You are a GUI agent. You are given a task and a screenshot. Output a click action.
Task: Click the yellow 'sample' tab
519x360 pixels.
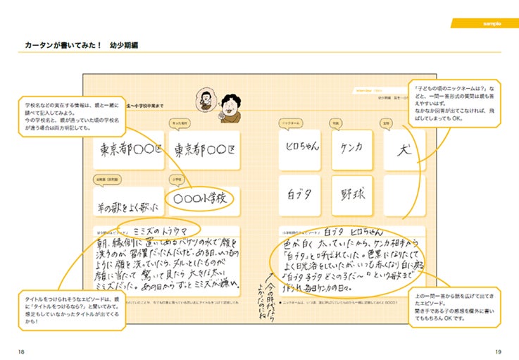pos(492,23)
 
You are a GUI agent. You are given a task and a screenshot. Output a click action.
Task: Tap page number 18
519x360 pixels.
pos(22,351)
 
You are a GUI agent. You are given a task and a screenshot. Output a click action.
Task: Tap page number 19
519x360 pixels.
pos(497,351)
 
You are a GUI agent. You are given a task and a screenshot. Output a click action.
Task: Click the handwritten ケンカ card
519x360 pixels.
pos(351,149)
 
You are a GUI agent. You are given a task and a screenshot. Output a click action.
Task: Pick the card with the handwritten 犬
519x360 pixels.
pos(404,149)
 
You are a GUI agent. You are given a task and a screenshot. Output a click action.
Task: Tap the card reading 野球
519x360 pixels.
pos(351,195)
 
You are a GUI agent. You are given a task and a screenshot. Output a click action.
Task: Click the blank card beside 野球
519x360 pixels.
pos(404,195)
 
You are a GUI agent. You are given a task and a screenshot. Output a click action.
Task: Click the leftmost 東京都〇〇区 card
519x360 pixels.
pos(127,150)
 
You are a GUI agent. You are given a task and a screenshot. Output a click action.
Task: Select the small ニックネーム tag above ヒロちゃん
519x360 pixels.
pos(290,123)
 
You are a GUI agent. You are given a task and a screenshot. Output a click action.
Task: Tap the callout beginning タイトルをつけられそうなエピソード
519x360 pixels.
pos(63,309)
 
